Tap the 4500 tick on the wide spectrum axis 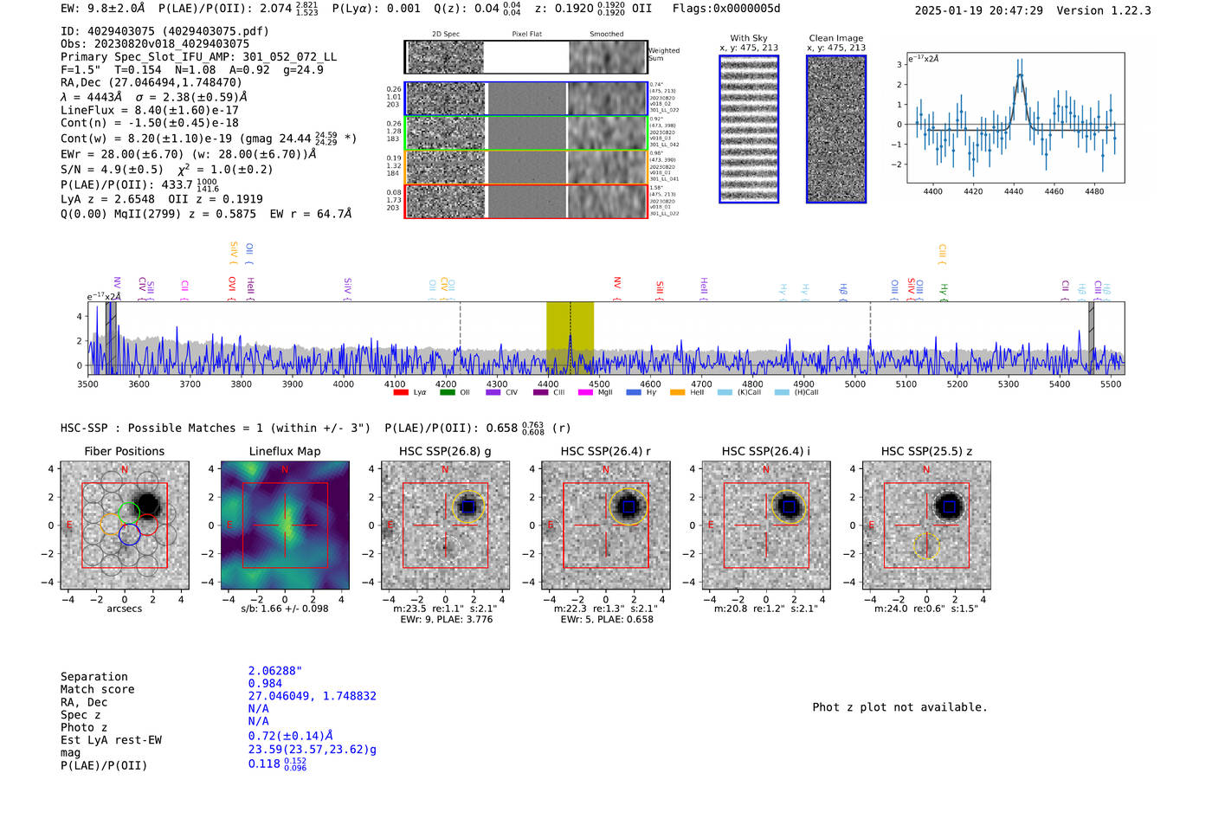(599, 383)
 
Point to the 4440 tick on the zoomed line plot (1014, 191)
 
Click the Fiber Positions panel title (124, 451)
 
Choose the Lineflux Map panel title (285, 451)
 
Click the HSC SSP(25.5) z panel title (926, 451)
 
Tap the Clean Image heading (835, 38)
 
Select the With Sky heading (748, 38)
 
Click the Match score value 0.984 (265, 684)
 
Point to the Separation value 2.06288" (274, 671)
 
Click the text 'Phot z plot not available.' (899, 707)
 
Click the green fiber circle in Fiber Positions (128, 512)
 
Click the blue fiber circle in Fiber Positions (130, 535)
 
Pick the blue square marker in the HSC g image (468, 506)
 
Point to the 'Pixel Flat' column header (526, 35)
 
